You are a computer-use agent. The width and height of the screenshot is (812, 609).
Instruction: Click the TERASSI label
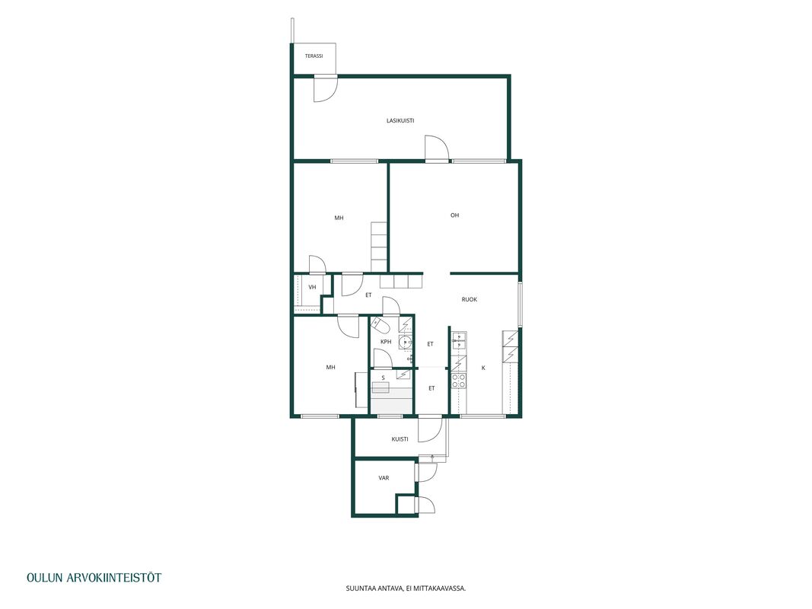coord(314,56)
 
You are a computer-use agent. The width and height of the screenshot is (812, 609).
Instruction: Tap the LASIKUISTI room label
coord(400,121)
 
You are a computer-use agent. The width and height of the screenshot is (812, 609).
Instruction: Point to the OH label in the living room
coord(454,215)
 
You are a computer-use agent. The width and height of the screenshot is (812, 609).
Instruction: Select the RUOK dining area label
coord(470,299)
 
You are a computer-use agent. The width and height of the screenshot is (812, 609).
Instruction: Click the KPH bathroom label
coord(386,342)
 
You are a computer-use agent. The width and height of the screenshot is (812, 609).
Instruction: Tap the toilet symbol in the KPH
coord(380,326)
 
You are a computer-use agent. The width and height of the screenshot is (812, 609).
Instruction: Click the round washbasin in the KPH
coord(405,342)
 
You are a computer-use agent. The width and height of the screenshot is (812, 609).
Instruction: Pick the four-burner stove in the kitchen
coord(458,381)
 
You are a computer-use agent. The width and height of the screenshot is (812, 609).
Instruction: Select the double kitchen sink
coord(460,341)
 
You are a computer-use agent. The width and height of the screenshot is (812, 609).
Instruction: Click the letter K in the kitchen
coord(484,368)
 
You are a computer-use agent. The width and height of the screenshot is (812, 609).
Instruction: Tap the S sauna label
coord(384,378)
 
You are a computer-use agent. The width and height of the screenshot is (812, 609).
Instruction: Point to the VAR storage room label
coord(384,478)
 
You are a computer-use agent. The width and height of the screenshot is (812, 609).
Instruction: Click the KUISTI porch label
coord(400,439)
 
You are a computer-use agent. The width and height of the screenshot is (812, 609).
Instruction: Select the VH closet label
coord(312,287)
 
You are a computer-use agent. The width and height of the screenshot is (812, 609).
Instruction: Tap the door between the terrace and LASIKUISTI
coord(325,88)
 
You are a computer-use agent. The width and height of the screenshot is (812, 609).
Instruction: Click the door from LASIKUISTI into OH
coord(437,148)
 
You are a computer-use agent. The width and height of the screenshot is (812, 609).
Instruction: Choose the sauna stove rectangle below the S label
coord(381,387)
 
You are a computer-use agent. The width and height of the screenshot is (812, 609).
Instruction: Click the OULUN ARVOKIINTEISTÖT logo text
coord(94,578)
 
